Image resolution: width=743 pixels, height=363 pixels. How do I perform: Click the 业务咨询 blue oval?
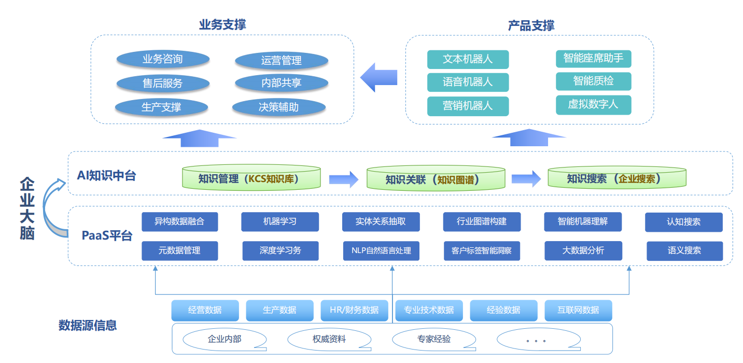[x=163, y=59]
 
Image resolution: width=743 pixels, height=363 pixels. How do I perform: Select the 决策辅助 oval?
[x=278, y=107]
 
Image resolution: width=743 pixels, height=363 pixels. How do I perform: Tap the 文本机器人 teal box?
[x=468, y=59]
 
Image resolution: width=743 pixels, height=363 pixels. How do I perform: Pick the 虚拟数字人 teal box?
[x=593, y=104]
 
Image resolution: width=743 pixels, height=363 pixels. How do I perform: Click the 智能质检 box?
[x=593, y=81]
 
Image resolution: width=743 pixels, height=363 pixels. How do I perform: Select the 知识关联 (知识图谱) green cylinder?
[x=436, y=179]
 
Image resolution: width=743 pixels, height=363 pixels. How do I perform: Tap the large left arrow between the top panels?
[x=379, y=78]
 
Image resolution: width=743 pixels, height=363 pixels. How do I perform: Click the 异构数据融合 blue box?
[x=179, y=222]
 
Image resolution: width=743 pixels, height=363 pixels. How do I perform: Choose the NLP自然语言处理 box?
[x=381, y=250]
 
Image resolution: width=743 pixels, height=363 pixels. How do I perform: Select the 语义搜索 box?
[x=684, y=250]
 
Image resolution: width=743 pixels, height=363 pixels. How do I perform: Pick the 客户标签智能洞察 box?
[x=482, y=250]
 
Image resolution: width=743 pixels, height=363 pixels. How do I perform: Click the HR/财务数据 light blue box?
[x=354, y=310]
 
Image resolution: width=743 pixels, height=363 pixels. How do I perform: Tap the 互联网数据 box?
[x=578, y=310]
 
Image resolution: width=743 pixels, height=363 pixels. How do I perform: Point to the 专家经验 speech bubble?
[x=433, y=340]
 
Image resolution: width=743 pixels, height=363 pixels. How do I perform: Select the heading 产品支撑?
[x=531, y=25]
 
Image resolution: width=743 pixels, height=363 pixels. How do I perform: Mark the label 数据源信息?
[x=88, y=325]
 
